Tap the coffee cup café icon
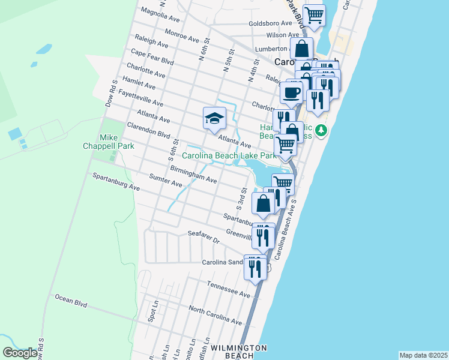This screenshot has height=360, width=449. [x=292, y=92]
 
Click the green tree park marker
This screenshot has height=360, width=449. [x=322, y=130]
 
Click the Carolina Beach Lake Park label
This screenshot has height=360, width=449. [x=229, y=155]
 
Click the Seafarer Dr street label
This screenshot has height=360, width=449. [x=204, y=236]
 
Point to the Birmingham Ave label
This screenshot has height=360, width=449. [x=193, y=175]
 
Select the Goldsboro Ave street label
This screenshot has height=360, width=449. [x=270, y=24]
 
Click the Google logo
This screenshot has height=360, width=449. [x=19, y=353]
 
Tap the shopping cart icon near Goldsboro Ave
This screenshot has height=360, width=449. [x=314, y=16]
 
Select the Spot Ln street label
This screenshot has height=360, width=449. [x=155, y=311]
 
